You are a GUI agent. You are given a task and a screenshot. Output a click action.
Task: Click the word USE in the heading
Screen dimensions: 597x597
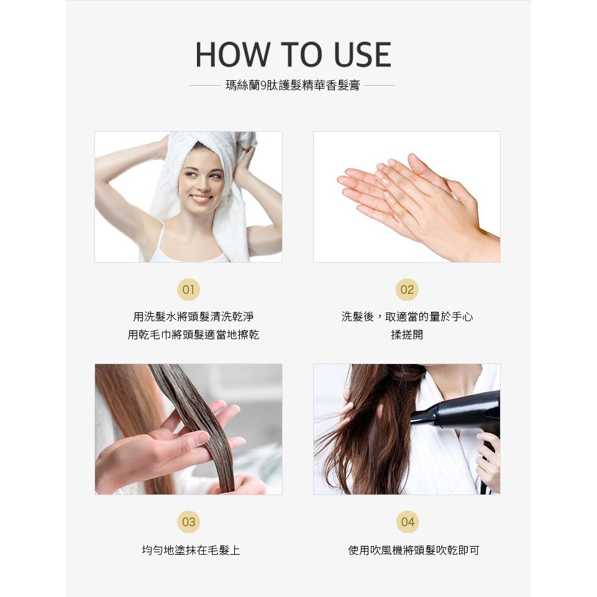[x=362, y=55]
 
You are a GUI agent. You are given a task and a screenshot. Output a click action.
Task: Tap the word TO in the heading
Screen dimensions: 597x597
[x=301, y=55]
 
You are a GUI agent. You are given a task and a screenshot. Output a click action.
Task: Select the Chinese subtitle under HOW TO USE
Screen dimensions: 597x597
[x=293, y=85]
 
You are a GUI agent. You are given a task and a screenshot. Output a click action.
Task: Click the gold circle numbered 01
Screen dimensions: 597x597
[x=188, y=289]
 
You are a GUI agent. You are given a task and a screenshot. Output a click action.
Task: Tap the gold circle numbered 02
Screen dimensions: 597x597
[x=407, y=289]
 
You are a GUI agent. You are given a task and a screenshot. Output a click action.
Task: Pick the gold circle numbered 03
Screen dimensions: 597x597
[x=188, y=522]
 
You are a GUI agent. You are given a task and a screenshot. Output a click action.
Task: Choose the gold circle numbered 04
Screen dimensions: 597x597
[x=408, y=522]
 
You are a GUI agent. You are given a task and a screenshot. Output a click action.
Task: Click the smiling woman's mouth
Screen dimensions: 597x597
[x=201, y=198]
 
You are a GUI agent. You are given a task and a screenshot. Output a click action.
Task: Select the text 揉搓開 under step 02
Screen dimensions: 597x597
[x=407, y=335]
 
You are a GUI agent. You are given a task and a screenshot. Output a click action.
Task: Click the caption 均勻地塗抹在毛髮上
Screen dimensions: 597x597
[x=191, y=550]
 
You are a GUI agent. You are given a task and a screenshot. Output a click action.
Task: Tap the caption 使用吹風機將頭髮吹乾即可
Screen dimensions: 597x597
[x=414, y=550]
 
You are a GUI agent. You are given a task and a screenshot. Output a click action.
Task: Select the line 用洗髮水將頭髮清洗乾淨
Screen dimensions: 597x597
[x=193, y=316]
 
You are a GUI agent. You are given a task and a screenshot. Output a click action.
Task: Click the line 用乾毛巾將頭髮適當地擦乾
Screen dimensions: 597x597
[x=193, y=335]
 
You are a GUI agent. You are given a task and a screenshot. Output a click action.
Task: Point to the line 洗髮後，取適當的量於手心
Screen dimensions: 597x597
[x=407, y=316]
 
